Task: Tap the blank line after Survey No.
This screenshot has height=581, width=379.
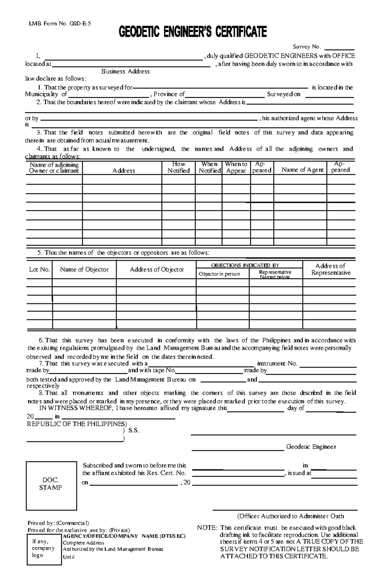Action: [340, 48]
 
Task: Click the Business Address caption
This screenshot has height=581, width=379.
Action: [125, 72]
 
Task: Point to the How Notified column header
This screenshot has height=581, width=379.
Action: [178, 167]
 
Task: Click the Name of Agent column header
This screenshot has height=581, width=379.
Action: [303, 170]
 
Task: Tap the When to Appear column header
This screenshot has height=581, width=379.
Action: [236, 167]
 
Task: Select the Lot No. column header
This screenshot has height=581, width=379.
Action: [39, 270]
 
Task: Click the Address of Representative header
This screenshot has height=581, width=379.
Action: [331, 269]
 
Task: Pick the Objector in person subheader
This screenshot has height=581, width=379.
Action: [219, 274]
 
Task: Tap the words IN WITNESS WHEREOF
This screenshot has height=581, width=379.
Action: [75, 408]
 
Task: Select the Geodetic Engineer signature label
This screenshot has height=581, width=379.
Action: [311, 447]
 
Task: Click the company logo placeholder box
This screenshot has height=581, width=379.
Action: [44, 548]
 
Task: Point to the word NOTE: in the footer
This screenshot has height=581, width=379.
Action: [207, 528]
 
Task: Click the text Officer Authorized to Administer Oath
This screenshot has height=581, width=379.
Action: [290, 516]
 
